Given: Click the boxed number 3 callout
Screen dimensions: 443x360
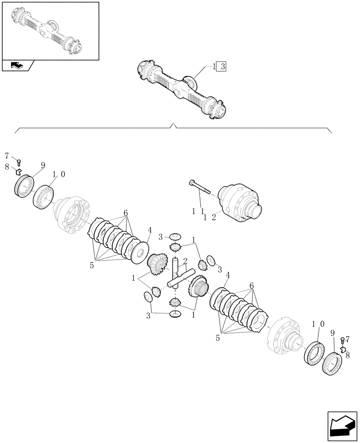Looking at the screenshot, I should [x=223, y=67].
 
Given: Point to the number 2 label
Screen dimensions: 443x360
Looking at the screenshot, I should [x=184, y=261].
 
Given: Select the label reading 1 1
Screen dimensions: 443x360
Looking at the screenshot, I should [x=197, y=212].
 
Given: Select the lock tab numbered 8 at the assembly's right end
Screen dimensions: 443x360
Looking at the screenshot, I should [x=342, y=349].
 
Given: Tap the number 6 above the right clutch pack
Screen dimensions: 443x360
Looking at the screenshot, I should [x=252, y=287].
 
